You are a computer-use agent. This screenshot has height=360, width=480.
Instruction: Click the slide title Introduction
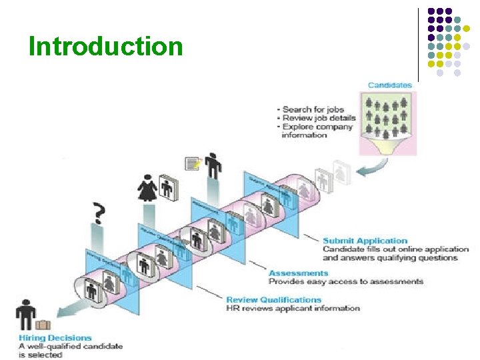click(105, 47)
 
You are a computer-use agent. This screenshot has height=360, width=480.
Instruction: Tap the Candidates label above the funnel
click(389, 85)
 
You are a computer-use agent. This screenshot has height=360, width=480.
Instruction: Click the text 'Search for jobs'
click(313, 109)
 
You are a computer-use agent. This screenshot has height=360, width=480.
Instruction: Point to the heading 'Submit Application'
click(365, 241)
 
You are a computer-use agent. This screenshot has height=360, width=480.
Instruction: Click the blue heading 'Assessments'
click(298, 273)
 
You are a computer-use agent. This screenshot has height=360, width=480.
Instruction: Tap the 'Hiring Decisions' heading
click(55, 338)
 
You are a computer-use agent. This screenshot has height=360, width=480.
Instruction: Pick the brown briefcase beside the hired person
click(43, 325)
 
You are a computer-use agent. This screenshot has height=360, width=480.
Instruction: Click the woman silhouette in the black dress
click(147, 188)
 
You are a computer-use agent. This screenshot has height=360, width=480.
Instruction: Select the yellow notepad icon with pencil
click(193, 163)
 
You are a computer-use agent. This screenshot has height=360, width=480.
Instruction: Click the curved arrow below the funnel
click(365, 171)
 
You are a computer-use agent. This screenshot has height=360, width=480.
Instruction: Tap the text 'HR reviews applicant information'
click(293, 309)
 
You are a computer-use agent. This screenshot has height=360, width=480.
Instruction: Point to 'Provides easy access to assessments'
click(345, 281)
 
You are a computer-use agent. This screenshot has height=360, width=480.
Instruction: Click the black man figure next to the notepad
click(213, 165)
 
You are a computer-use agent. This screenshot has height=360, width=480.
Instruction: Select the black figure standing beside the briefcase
click(25, 315)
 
